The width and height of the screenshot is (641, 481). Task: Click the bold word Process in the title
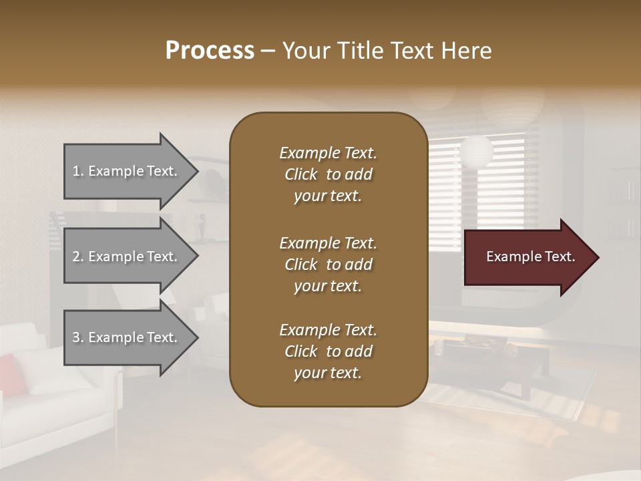pyautogui.click(x=210, y=51)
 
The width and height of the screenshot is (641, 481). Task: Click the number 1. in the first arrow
pyautogui.click(x=78, y=171)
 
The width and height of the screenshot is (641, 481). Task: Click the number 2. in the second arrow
pyautogui.click(x=78, y=257)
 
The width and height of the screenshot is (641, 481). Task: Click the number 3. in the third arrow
pyautogui.click(x=78, y=337)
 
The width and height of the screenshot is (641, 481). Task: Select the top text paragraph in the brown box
pyautogui.click(x=328, y=174)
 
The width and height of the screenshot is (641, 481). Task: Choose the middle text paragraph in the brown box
pyautogui.click(x=328, y=265)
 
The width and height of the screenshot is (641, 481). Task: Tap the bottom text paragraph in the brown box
pyautogui.click(x=328, y=351)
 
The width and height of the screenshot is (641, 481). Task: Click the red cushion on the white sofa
pyautogui.click(x=9, y=374)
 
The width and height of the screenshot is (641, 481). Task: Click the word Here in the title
pyautogui.click(x=466, y=51)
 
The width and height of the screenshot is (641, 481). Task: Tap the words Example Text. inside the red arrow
pyautogui.click(x=530, y=257)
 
